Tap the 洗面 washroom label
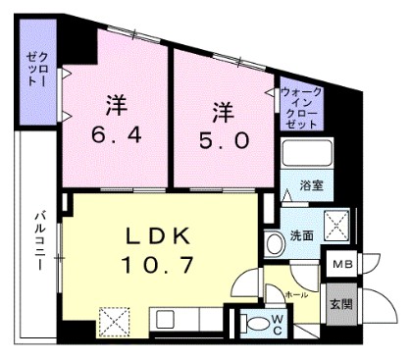300,235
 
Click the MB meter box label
342,265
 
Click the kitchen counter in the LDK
186,321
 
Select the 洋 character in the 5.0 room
222,108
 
